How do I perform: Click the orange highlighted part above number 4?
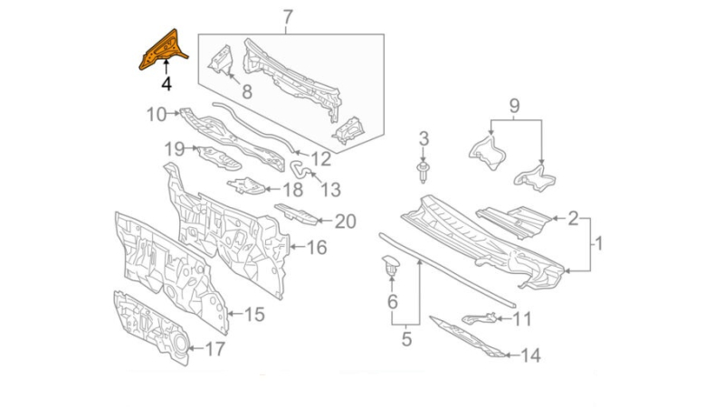pos(162,49)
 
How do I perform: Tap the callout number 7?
pos(288,17)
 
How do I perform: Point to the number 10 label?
pos(157,114)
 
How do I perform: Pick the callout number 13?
pos(330,190)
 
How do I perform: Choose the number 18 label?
pos(291,190)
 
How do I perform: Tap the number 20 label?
pos(345,221)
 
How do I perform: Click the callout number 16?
pos(316,247)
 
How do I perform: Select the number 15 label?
pos(254,315)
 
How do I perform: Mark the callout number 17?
pos(214,348)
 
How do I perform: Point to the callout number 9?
pos(514,106)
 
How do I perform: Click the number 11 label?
pos(522,318)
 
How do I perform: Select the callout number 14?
pos(529,355)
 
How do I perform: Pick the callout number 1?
pos(597,243)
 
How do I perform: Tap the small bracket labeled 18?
pos(245,187)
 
